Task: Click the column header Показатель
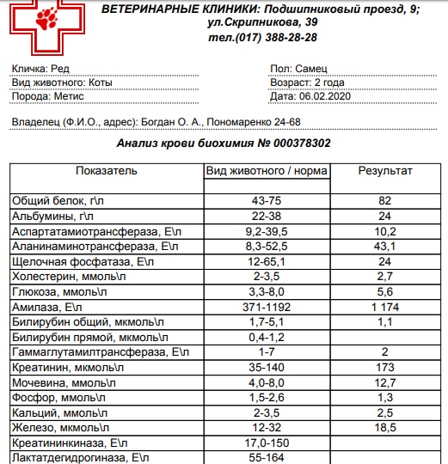(x=107, y=171)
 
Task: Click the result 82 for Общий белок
(x=384, y=200)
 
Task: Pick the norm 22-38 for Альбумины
(x=266, y=216)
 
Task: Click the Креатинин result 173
(x=384, y=368)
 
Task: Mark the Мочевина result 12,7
(x=384, y=383)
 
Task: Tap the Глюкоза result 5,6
(x=384, y=292)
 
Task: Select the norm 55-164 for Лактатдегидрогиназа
(x=266, y=459)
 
